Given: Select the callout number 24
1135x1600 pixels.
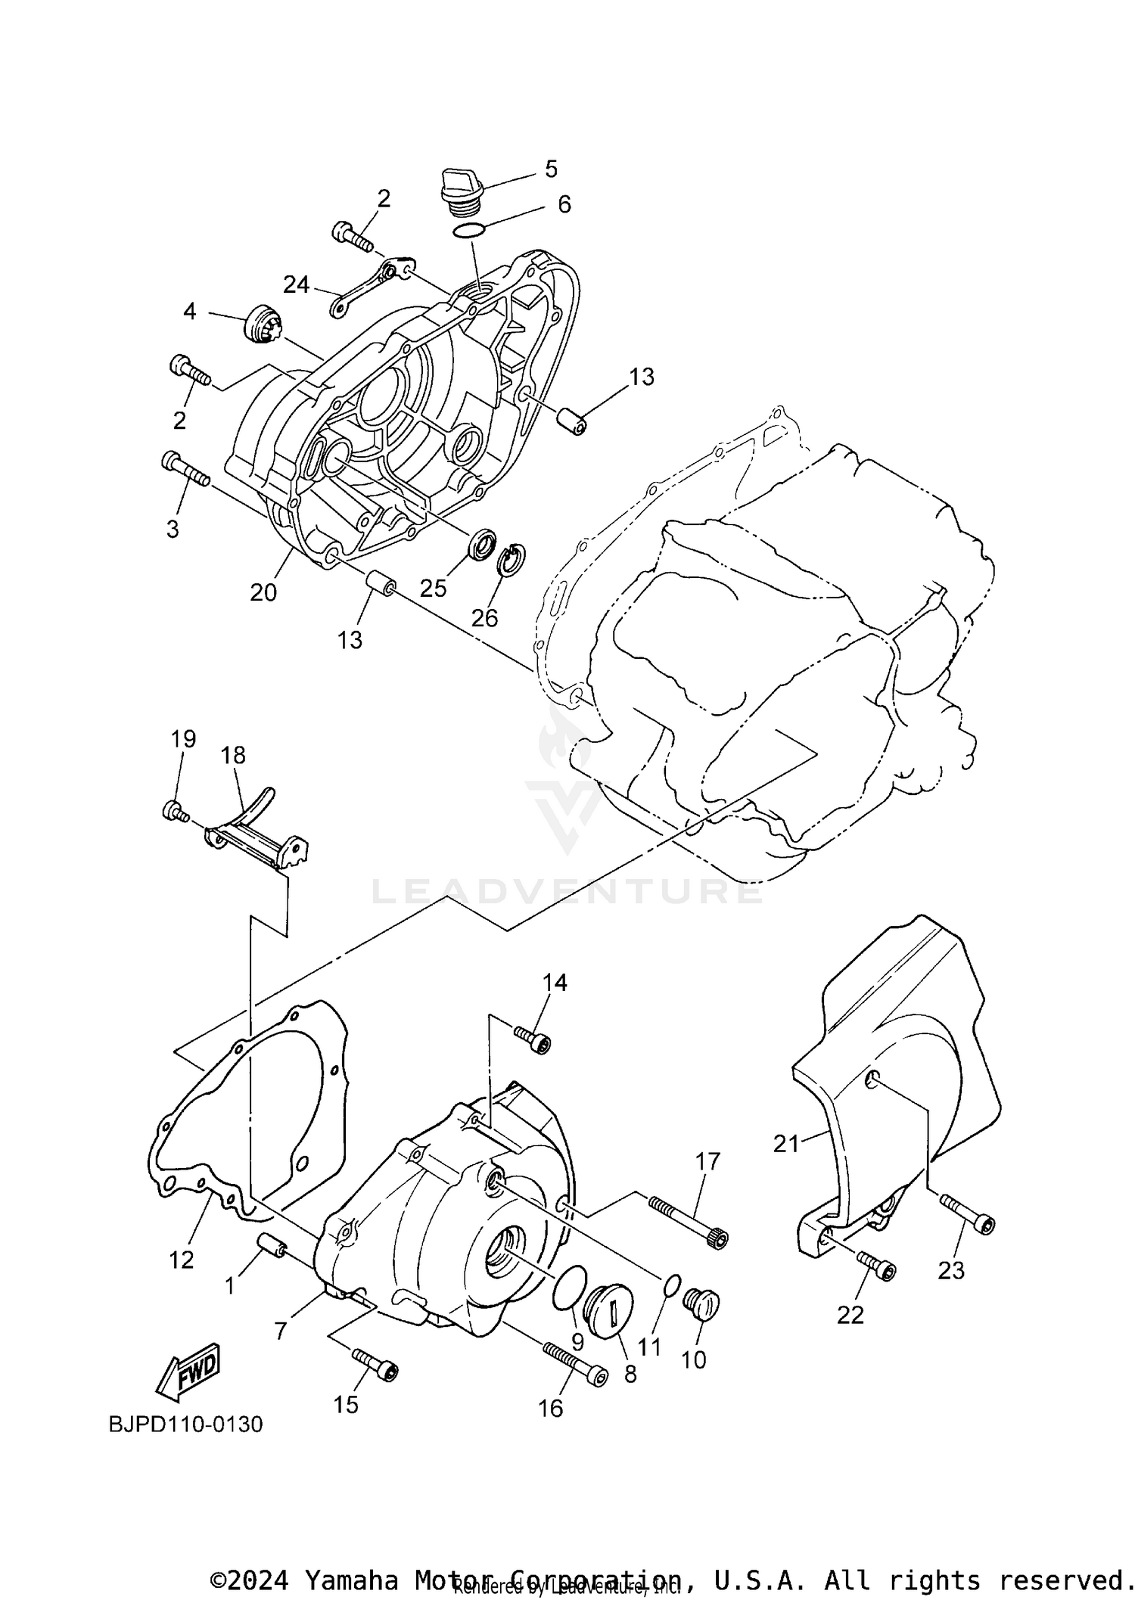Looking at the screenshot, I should pos(297,284).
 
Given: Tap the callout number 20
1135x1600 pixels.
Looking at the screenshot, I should pos(263,593).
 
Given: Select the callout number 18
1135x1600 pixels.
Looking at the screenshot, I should pos(233,755).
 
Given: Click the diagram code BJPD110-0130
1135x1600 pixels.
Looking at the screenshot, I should pos(186,1424).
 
